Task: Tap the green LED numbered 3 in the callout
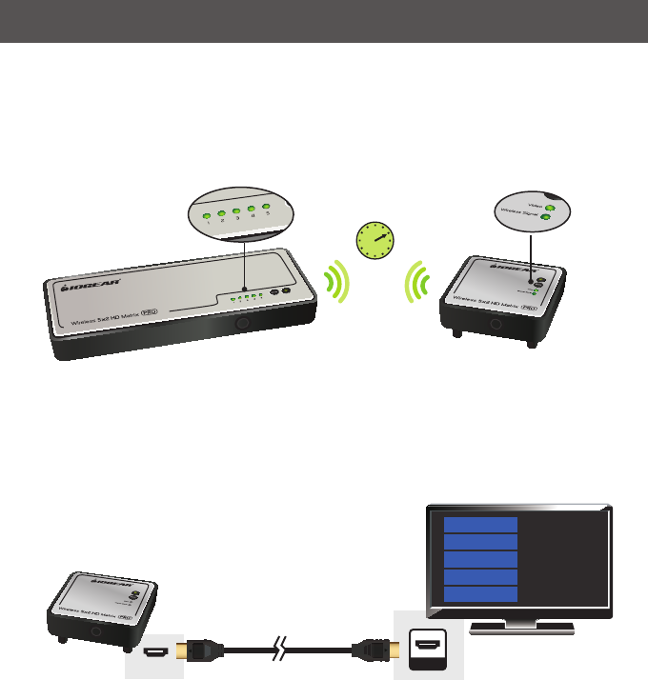236,210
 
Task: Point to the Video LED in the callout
551,206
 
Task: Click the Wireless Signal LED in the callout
544,218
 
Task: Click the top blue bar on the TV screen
481,525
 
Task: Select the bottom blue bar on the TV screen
481,594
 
